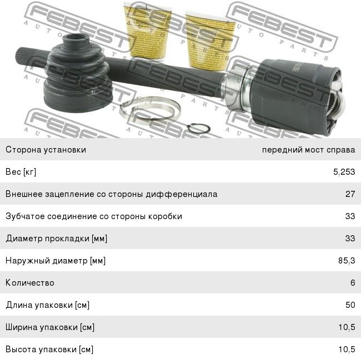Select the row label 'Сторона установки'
point(46,150)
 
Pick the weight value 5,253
point(344,172)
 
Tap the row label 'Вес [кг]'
point(21,172)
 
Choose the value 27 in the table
point(350,194)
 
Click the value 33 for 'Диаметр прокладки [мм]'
point(350,239)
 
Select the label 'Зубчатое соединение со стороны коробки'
point(94,216)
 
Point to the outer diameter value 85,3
point(346,261)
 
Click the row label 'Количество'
point(30,283)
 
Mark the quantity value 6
point(352,283)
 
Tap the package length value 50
point(350,305)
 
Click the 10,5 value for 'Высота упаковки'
point(346,349)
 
